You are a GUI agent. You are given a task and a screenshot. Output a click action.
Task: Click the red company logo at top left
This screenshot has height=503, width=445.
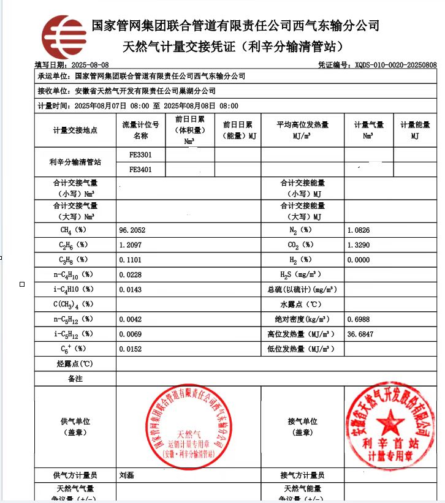[x=60, y=37]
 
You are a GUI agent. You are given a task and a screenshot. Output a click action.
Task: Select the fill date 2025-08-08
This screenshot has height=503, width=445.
[x=90, y=64]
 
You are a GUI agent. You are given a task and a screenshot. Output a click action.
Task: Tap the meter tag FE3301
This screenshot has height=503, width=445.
[x=141, y=154]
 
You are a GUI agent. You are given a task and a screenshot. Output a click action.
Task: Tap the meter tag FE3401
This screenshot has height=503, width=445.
[x=141, y=169]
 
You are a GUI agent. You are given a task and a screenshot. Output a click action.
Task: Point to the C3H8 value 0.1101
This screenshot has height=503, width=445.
[x=131, y=260]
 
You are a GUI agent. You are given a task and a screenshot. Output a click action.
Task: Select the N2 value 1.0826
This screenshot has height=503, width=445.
[x=359, y=230]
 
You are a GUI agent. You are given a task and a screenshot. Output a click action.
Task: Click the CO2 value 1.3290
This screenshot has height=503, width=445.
[x=359, y=244]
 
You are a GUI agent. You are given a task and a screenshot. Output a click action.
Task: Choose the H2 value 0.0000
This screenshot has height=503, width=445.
[x=359, y=260]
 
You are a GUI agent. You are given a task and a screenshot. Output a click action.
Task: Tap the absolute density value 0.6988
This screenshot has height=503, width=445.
[x=359, y=319]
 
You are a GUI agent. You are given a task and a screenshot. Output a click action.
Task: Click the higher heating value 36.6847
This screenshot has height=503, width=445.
[x=360, y=335]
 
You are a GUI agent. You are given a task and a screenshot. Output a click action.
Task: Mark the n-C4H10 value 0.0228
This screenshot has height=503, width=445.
[x=131, y=274]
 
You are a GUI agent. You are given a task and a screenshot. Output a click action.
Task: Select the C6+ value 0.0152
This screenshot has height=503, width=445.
[x=131, y=349]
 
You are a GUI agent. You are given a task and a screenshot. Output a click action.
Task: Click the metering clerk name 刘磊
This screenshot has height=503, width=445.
[x=127, y=475]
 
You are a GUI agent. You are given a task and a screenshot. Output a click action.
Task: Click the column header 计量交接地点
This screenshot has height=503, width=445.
[x=75, y=130]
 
